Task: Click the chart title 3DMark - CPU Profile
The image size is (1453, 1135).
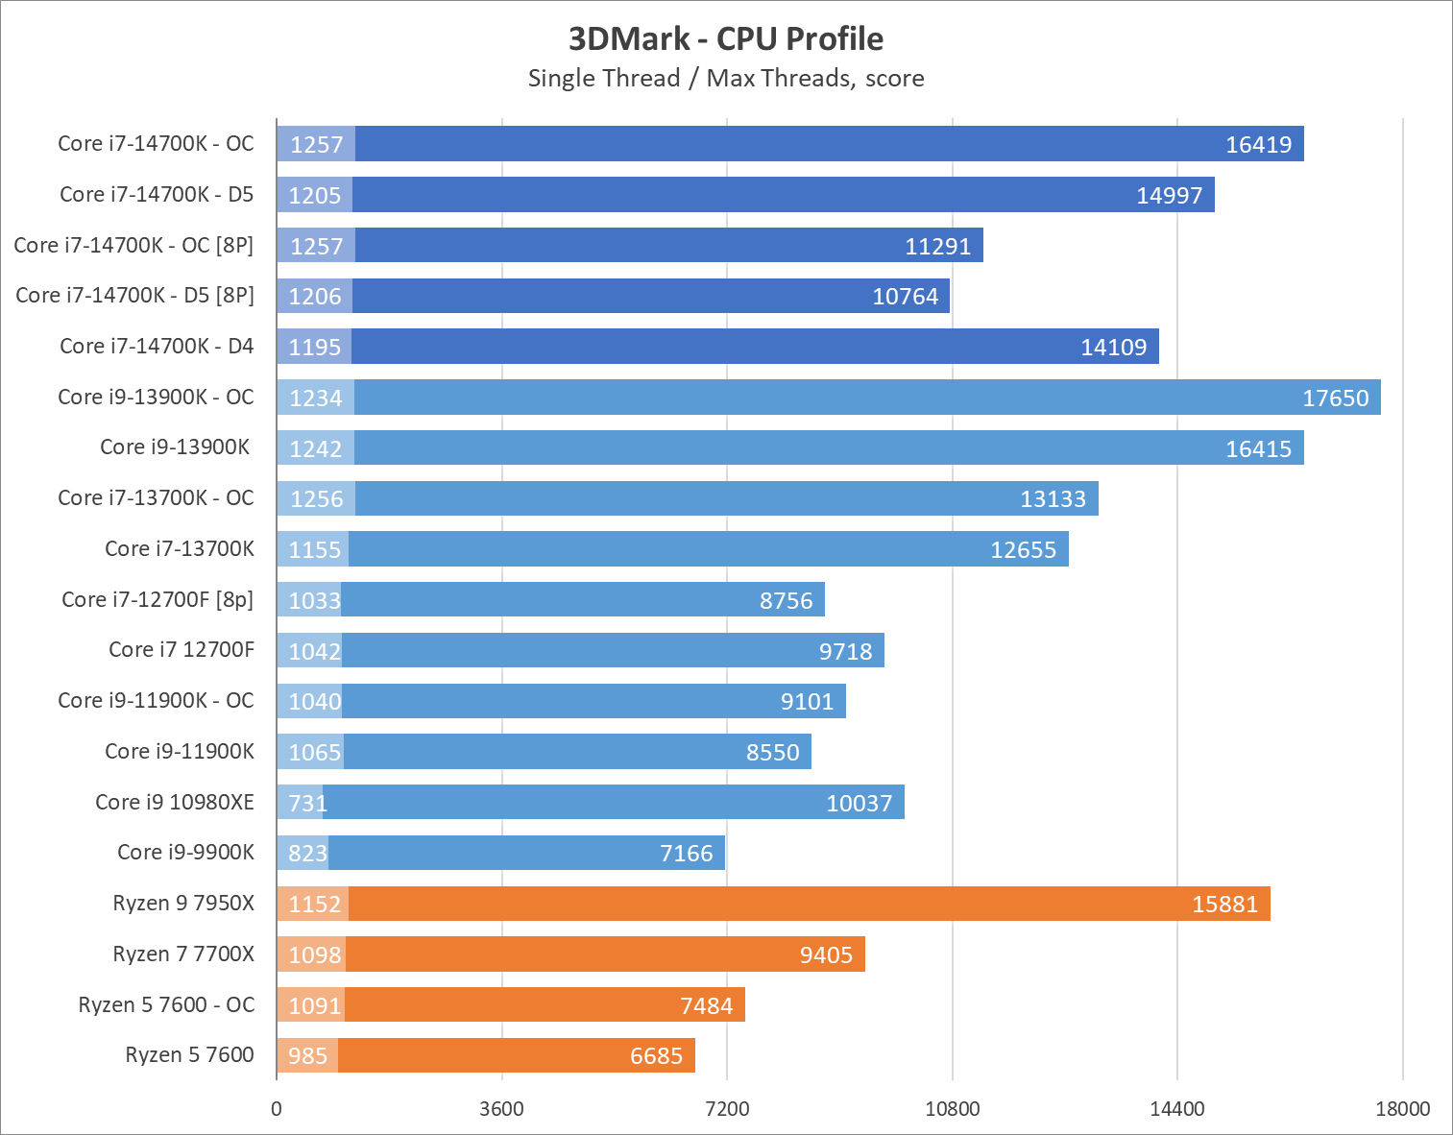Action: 726,38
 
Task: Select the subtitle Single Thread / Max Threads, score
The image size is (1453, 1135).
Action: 726,78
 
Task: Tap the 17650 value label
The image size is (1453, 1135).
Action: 1335,398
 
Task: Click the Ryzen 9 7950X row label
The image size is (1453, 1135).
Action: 183,903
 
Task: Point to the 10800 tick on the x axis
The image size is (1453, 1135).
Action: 952,1109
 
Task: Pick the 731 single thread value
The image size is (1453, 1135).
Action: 307,803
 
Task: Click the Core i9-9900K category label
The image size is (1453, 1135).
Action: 185,852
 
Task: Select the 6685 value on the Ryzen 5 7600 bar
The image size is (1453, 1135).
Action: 656,1055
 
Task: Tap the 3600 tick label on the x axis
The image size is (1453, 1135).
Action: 501,1109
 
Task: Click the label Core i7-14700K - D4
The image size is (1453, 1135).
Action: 157,346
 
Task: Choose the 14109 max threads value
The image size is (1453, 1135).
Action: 1113,347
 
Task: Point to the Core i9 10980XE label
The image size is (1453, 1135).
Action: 175,802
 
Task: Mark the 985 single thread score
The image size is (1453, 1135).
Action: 307,1055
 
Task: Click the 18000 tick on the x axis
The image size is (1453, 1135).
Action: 1402,1109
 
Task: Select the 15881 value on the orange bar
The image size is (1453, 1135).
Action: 1224,904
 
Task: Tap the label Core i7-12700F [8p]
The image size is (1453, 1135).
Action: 157,599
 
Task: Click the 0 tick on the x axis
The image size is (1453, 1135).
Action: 277,1109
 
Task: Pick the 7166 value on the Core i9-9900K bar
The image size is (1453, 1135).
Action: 686,853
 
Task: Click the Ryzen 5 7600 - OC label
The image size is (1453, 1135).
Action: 166,1004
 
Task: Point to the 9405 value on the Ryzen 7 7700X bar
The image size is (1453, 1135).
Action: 826,954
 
